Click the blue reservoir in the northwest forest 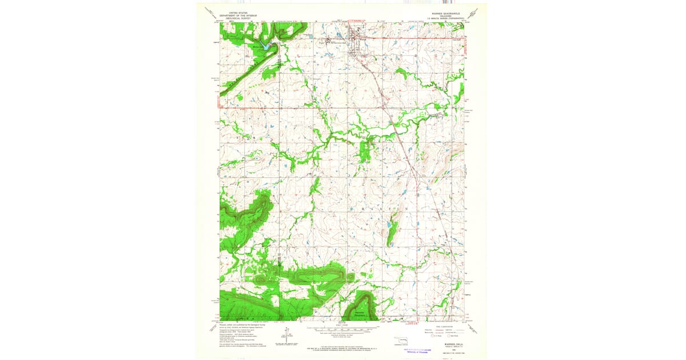264,45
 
